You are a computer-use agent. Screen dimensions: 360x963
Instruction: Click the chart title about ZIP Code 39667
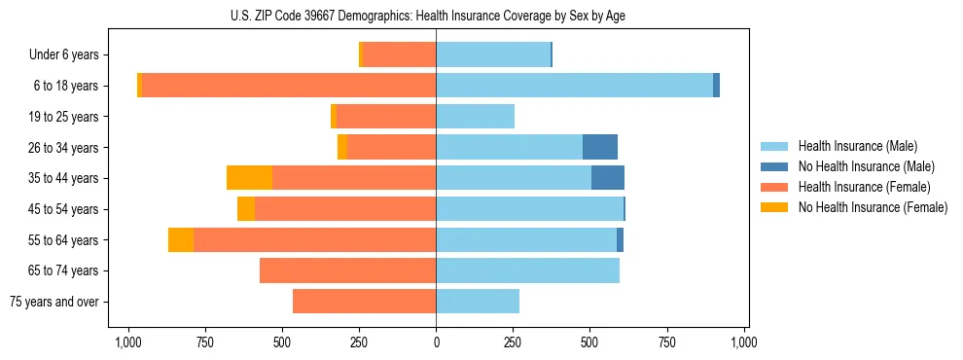pyautogui.click(x=436, y=16)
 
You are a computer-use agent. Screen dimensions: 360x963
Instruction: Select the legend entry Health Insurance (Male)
pyautogui.click(x=857, y=146)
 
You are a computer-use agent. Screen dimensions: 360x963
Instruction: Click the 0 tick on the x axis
pyautogui.click(x=436, y=342)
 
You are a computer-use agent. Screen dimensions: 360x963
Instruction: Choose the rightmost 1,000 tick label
pyautogui.click(x=744, y=342)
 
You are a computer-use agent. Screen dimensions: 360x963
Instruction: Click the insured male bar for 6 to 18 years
pyautogui.click(x=574, y=86)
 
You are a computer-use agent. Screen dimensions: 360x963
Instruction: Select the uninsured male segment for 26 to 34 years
pyautogui.click(x=600, y=147)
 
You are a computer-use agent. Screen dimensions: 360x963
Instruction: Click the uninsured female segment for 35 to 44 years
pyautogui.click(x=249, y=178)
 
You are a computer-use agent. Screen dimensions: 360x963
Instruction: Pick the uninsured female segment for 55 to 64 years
pyautogui.click(x=181, y=239)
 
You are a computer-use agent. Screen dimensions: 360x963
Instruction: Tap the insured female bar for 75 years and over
pyautogui.click(x=364, y=302)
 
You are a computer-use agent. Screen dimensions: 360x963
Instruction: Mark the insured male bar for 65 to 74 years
pyautogui.click(x=527, y=270)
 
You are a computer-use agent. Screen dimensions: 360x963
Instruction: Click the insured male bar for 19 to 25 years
pyautogui.click(x=475, y=117)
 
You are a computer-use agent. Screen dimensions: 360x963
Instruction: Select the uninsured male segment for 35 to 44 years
pyautogui.click(x=608, y=178)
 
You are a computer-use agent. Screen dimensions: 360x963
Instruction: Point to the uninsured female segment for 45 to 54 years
pyautogui.click(x=246, y=209)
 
